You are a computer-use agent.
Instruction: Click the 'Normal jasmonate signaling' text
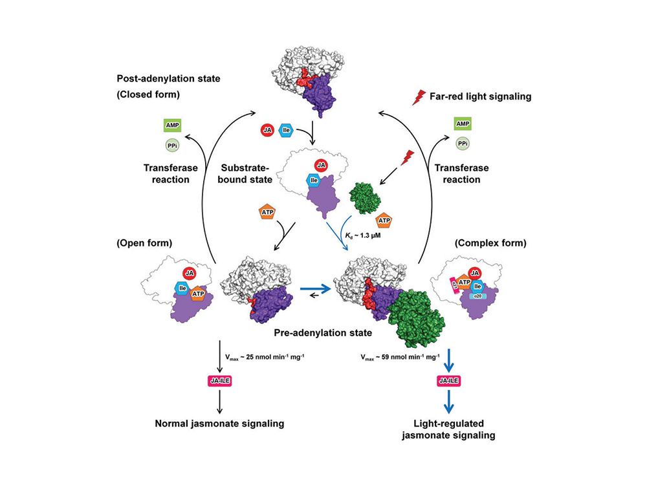pos(220,424)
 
